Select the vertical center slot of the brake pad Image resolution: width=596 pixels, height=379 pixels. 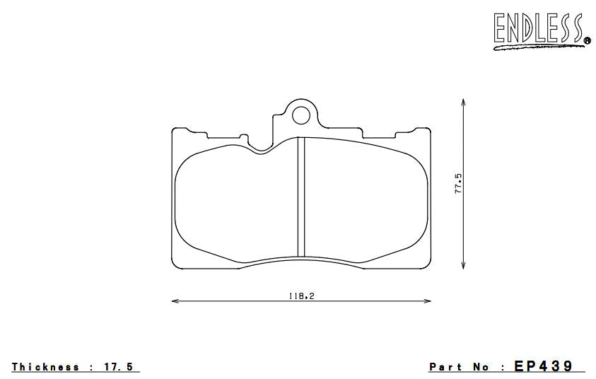(300, 197)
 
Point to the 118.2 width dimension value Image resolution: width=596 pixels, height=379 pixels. (300, 296)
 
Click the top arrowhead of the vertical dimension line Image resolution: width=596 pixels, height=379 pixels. (463, 103)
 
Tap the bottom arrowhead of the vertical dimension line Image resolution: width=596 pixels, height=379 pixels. (463, 267)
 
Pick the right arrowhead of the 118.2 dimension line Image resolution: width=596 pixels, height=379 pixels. (428, 302)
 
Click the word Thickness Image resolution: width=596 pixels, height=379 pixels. (45, 367)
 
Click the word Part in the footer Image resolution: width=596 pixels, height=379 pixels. (446, 367)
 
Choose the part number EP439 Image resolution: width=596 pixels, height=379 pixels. (544, 366)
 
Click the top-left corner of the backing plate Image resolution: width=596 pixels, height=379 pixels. (173, 130)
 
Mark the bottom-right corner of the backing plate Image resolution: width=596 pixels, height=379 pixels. (429, 268)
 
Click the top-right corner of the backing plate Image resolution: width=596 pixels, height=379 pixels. (430, 130)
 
